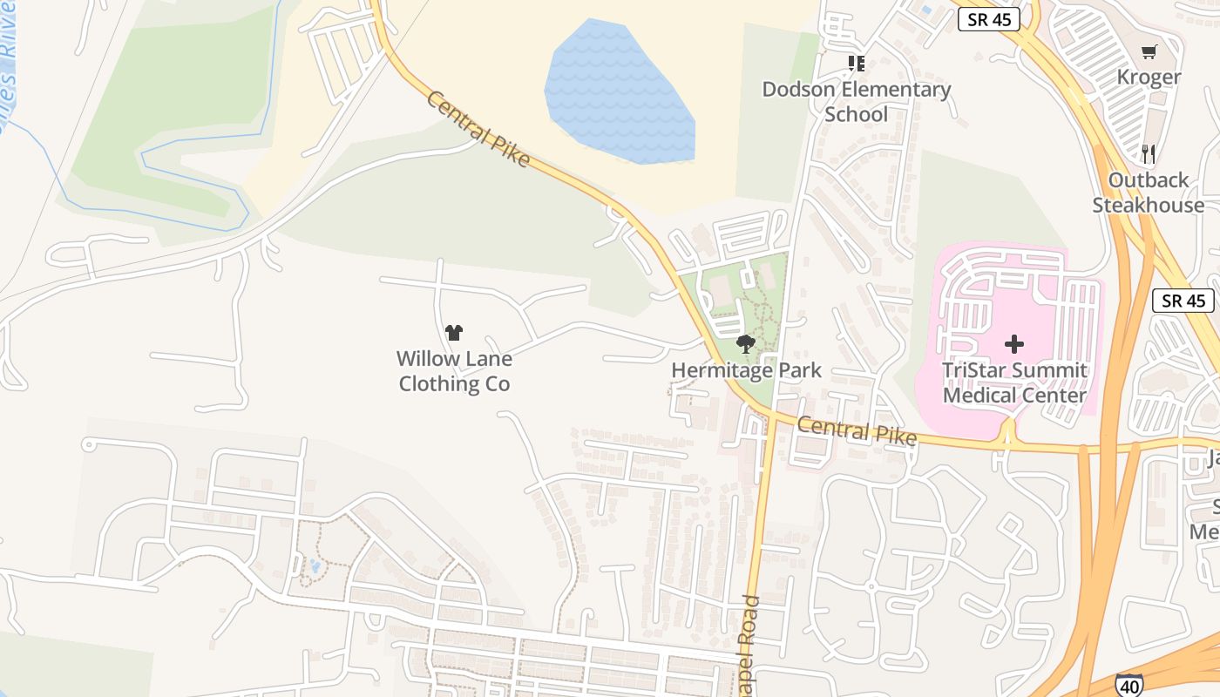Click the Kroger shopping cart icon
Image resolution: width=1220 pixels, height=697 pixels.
point(1149,52)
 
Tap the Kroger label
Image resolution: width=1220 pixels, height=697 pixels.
point(1149,78)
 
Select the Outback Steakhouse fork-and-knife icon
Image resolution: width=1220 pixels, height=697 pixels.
point(1149,154)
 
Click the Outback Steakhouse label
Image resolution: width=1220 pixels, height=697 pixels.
point(1148,193)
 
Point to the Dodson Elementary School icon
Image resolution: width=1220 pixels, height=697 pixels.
point(857,64)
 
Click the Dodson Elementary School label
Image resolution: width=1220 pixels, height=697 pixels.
point(856,101)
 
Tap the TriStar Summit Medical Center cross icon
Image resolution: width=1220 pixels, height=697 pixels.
point(1014,344)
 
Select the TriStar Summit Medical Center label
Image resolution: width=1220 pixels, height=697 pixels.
point(1014,382)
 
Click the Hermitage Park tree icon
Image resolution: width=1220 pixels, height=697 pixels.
point(745,345)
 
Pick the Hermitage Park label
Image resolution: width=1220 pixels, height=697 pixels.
point(746,370)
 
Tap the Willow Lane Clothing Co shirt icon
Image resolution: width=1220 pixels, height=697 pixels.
point(453,332)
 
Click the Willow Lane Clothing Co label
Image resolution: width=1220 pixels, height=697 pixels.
point(454,371)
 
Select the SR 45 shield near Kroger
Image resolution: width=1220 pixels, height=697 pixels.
point(988,19)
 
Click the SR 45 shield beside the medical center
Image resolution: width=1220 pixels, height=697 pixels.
point(1183,301)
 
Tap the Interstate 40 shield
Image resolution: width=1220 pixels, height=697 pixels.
point(1128,685)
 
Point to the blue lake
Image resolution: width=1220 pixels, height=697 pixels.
point(620,91)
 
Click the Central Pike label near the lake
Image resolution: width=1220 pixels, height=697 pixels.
point(478,129)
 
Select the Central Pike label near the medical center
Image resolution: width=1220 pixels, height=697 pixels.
point(857,430)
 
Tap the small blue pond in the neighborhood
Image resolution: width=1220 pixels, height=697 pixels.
point(314,568)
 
